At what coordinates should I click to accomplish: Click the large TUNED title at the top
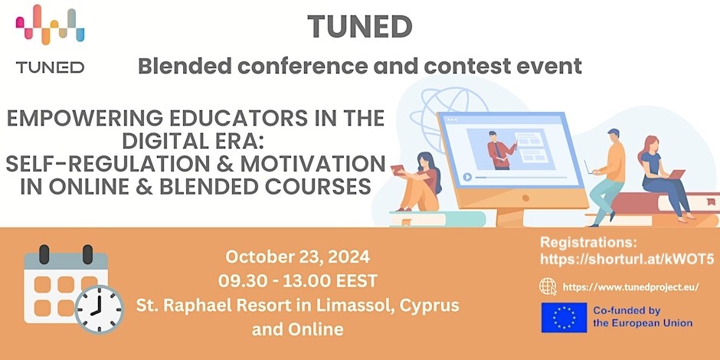point(359,27)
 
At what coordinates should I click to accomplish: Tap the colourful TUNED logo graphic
point(50,25)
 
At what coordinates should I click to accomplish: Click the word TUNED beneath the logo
point(50,67)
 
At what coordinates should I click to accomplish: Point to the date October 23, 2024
point(297,257)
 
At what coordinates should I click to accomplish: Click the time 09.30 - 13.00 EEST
point(297,280)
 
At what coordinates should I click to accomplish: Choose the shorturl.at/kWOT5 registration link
point(627,260)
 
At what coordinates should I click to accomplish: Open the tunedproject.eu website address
point(630,287)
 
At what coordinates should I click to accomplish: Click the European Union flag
point(564,317)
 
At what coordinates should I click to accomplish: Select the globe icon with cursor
point(548,286)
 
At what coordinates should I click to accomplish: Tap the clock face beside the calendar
point(99,309)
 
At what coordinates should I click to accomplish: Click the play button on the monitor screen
point(467,177)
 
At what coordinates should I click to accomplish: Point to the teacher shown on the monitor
point(499,150)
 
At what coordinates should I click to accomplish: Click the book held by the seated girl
point(398,170)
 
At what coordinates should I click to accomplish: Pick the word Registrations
point(589,243)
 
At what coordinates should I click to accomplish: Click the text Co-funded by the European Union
point(643,317)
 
